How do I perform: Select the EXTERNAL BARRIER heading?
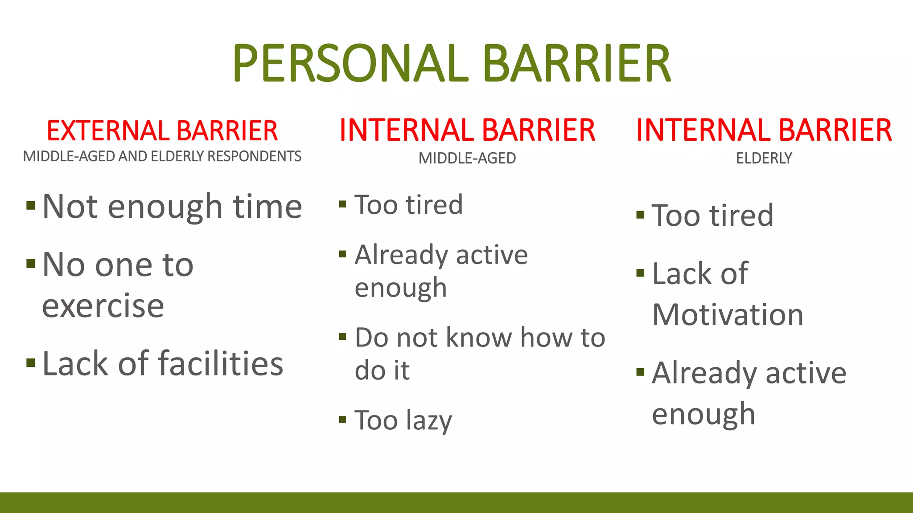click(x=162, y=131)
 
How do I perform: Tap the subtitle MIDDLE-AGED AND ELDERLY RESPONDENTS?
click(x=162, y=156)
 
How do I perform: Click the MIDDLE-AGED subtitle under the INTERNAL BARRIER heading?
click(x=467, y=158)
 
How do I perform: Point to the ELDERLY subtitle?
click(x=764, y=158)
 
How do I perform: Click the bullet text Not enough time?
click(x=172, y=207)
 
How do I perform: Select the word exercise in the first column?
click(x=103, y=306)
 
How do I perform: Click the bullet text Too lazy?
click(x=403, y=420)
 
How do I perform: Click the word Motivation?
click(x=728, y=315)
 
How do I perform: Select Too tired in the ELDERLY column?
click(x=712, y=216)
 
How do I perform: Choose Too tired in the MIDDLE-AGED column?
click(x=408, y=205)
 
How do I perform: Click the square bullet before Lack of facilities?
click(x=31, y=362)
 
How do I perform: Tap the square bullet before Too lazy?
click(x=342, y=419)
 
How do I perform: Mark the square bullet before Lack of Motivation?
click(x=640, y=273)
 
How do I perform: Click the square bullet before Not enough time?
click(x=31, y=205)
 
